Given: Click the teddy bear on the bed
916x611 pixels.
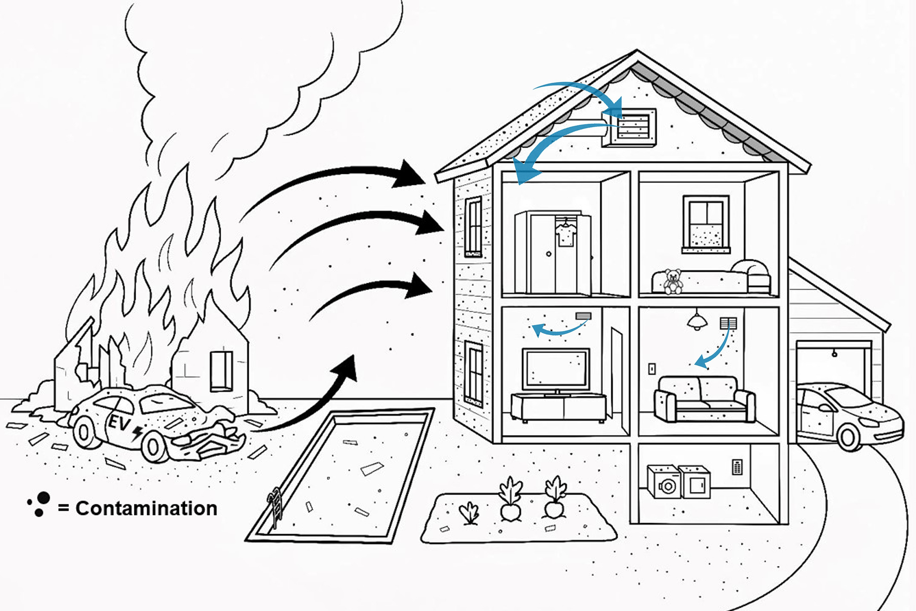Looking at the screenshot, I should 673,281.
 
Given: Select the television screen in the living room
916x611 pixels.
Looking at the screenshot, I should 556,368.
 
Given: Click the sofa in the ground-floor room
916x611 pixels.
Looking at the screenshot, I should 705,399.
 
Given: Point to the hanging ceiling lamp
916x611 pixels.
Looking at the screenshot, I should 697,321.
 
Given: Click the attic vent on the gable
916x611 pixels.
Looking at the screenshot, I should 634,126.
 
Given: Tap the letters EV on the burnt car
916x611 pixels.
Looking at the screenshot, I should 118,422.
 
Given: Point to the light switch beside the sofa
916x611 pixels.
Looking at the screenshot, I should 652,368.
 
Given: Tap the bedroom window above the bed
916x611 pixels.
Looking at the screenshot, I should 706,223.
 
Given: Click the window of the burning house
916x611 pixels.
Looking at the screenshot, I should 221,371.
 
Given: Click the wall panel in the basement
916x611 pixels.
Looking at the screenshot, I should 737,467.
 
